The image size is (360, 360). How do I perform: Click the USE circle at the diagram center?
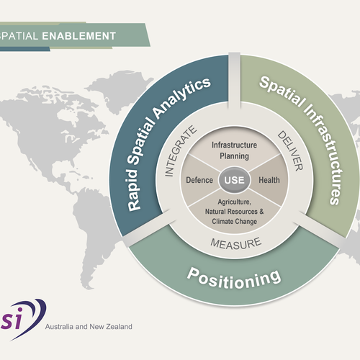tap(230, 179)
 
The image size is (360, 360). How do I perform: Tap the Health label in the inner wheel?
tap(268, 179)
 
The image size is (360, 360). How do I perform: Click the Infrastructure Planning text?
tap(230, 150)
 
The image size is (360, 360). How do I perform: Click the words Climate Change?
tap(230, 221)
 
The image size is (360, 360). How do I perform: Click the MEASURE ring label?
tap(230, 243)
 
